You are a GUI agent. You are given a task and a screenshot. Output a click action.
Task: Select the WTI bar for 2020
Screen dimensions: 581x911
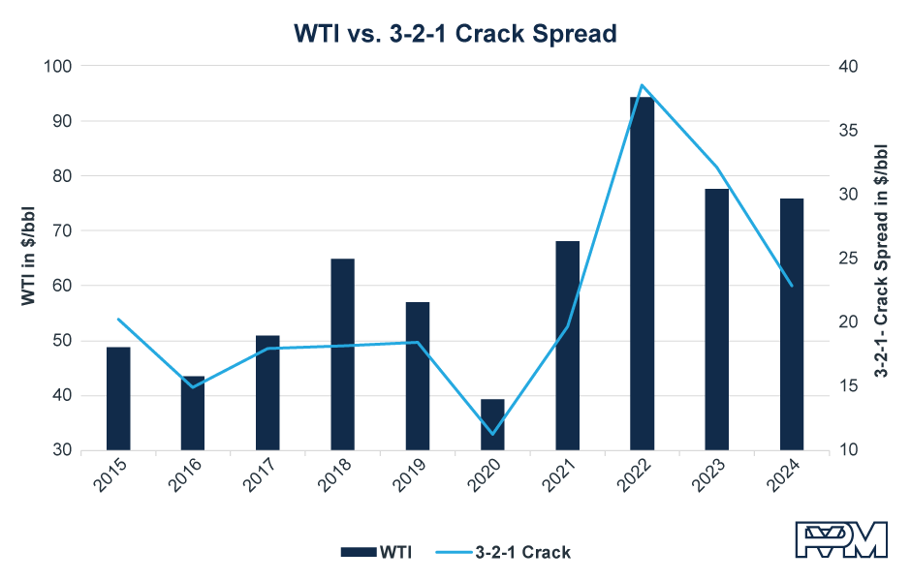pyautogui.click(x=492, y=424)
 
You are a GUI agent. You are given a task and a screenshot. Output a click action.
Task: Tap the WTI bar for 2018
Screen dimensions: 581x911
pyautogui.click(x=342, y=354)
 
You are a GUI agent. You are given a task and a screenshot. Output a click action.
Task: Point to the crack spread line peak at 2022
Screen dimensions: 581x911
pyautogui.click(x=642, y=85)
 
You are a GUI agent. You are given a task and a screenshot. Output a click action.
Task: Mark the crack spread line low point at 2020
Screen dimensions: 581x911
pyautogui.click(x=492, y=434)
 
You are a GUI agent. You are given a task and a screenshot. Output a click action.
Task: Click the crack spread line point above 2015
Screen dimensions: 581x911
pyautogui.click(x=118, y=320)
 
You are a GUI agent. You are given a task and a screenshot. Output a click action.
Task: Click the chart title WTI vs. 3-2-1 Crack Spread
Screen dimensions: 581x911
pyautogui.click(x=455, y=34)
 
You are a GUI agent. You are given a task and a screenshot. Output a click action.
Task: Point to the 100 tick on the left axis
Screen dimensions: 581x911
pyautogui.click(x=59, y=66)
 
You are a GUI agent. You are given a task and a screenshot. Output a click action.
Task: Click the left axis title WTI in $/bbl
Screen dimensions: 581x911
pyautogui.click(x=28, y=258)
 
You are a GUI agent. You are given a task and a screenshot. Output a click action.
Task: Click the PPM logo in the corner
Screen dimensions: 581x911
pyautogui.click(x=840, y=540)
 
